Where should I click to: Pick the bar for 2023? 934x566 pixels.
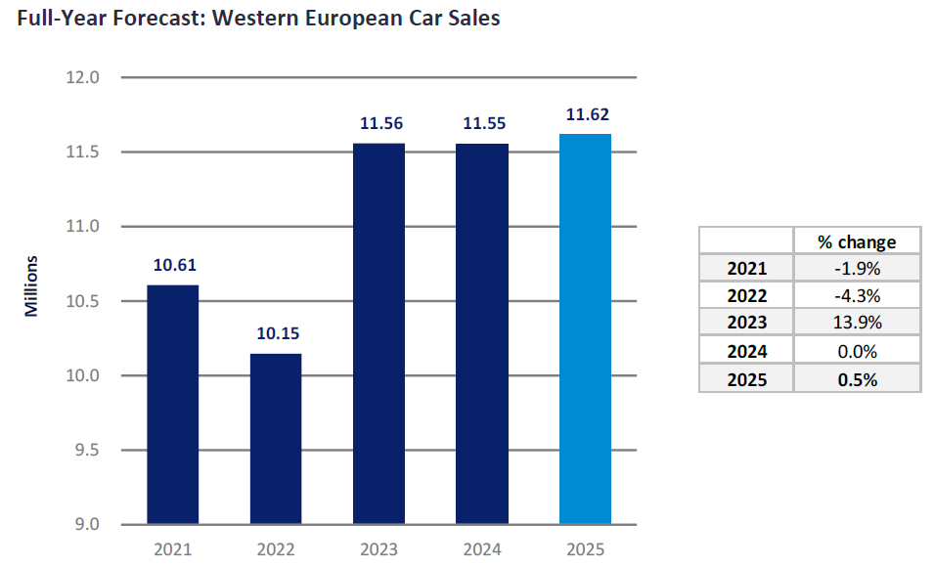point(378,333)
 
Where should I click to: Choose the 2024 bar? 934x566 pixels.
point(482,333)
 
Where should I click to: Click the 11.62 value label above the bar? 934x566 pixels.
point(587,115)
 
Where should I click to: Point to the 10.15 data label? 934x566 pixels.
point(278,334)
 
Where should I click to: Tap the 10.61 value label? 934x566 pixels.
point(174,265)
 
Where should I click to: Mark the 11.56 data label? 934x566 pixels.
point(380,124)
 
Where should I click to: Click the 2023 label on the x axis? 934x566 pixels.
point(378,549)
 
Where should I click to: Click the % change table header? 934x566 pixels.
point(857,241)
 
